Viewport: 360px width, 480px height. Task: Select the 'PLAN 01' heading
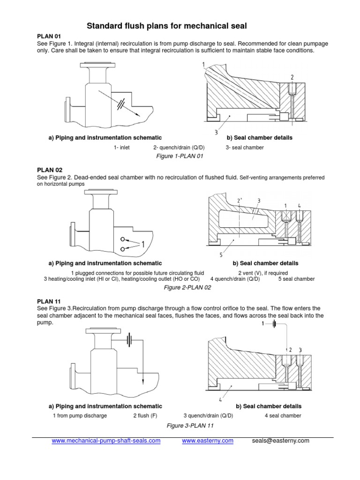pyautogui.click(x=49, y=36)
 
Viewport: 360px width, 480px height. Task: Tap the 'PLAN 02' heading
pyautogui.click(x=49, y=170)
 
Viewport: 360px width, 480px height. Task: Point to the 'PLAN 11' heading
pyautogui.click(x=49, y=301)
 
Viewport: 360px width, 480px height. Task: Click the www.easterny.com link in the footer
pyautogui.click(x=207, y=441)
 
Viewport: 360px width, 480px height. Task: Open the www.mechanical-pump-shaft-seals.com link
pyautogui.click(x=106, y=441)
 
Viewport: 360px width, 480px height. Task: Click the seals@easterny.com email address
pyautogui.click(x=280, y=441)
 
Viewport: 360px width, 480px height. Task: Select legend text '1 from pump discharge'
pyautogui.click(x=80, y=416)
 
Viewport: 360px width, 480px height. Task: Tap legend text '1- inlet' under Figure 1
pyautogui.click(x=121, y=147)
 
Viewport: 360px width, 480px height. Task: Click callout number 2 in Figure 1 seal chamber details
pyautogui.click(x=292, y=77)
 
